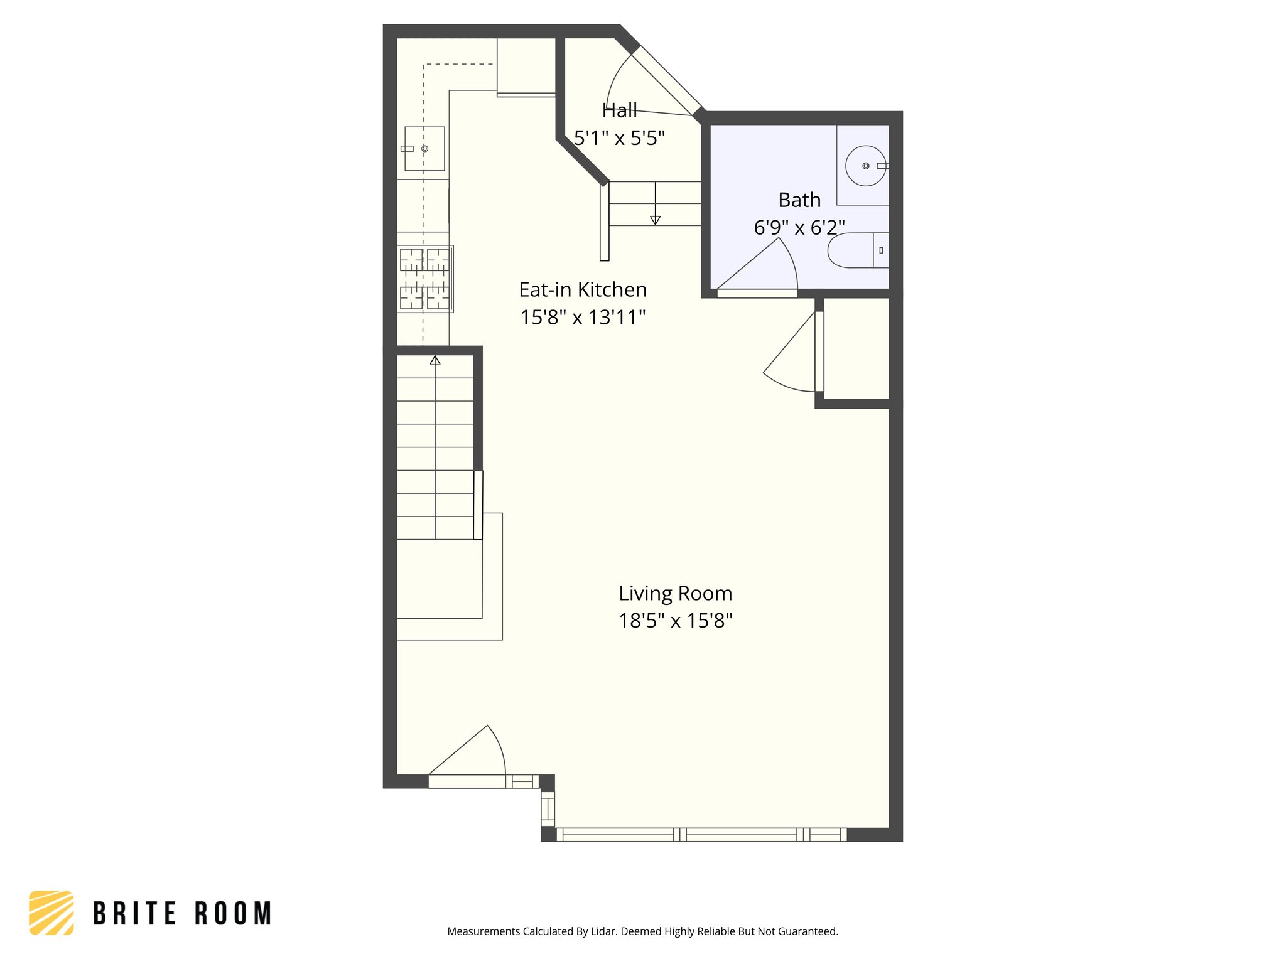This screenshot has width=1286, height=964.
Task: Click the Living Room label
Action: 675,593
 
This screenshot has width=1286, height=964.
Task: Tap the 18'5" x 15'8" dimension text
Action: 675,621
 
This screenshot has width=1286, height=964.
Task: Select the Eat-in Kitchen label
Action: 582,290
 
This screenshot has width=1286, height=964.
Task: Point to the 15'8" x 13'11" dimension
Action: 582,318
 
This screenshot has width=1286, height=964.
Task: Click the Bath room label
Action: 799,200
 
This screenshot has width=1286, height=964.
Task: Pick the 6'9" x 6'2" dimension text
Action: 799,227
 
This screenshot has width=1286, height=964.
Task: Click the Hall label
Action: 619,110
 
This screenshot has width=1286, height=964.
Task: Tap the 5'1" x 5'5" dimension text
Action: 619,138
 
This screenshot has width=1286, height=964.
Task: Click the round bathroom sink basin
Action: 865,166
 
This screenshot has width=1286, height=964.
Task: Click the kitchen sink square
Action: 424,149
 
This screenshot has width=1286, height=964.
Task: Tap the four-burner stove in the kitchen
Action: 425,279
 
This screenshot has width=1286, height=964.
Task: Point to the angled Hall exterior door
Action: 666,81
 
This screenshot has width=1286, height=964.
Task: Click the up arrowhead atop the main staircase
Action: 435,360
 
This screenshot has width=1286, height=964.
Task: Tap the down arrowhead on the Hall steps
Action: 655,220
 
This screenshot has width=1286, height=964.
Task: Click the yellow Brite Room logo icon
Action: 51,913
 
